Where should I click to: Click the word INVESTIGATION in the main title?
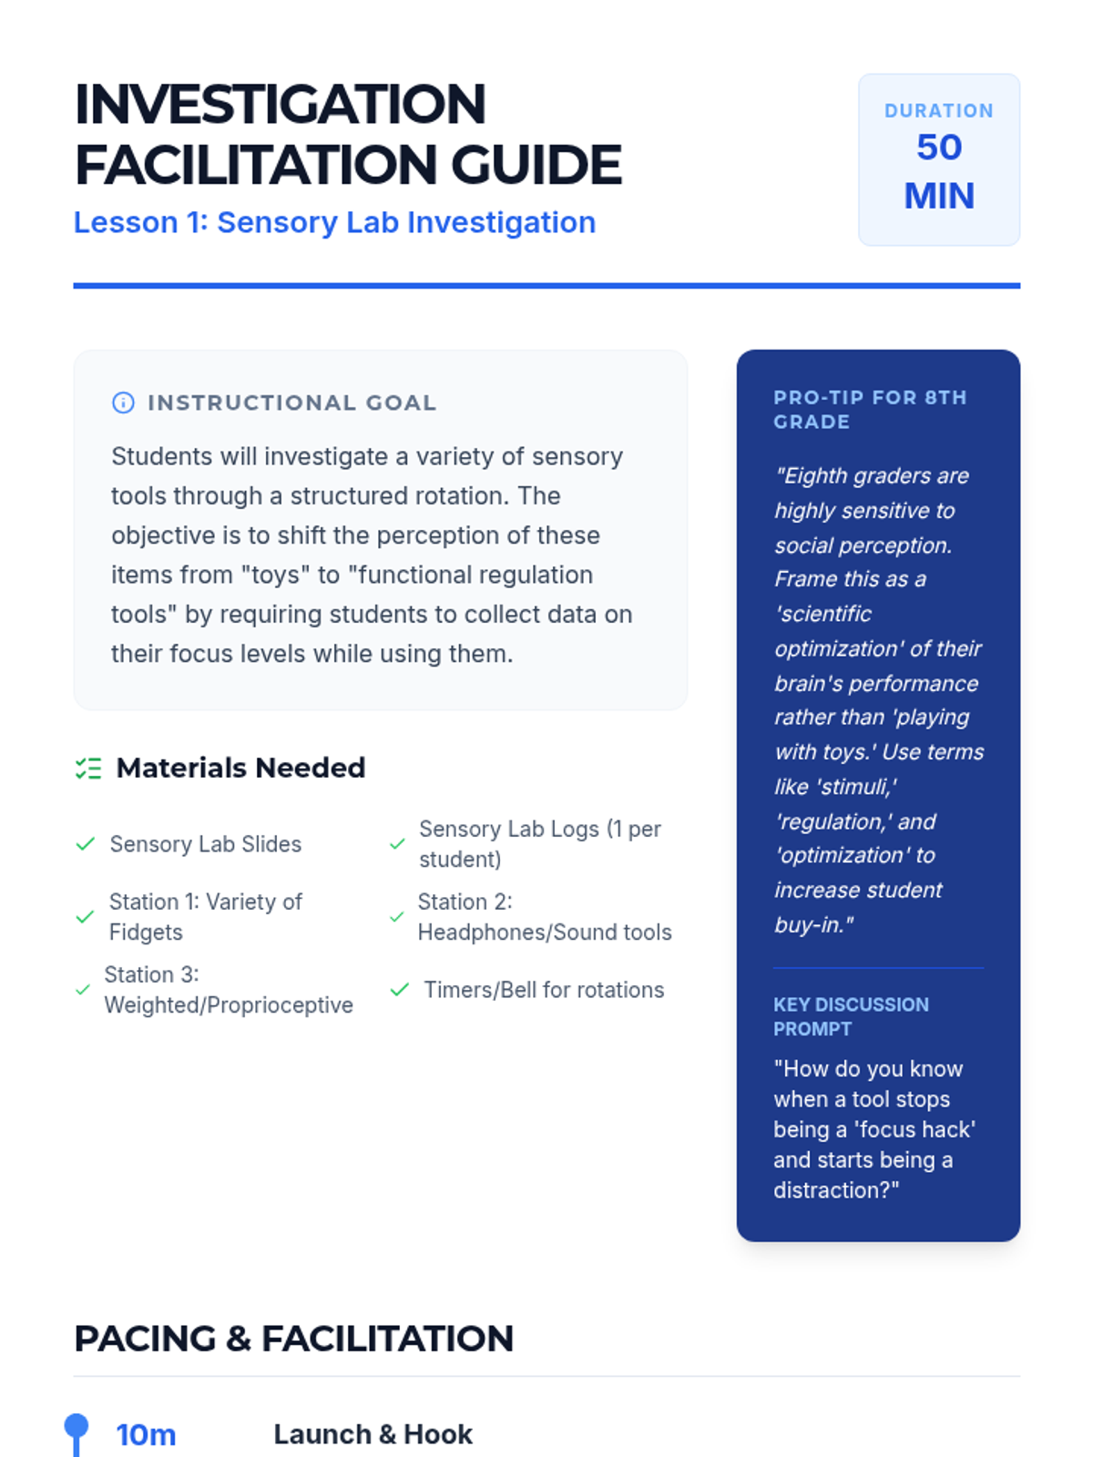(280, 104)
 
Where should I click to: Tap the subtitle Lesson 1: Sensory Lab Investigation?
(334, 222)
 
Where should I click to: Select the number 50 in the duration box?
(938, 148)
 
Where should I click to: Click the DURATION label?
(938, 111)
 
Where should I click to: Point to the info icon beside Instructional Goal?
(123, 402)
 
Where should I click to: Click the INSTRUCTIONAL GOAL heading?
(291, 402)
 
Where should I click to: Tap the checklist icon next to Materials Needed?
(88, 769)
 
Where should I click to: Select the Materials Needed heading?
(240, 769)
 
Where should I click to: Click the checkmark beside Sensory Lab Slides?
(86, 844)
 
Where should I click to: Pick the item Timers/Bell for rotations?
(544, 990)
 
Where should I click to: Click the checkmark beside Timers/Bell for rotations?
(399, 990)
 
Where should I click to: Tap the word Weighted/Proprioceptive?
(229, 1005)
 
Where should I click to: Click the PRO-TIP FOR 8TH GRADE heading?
(870, 409)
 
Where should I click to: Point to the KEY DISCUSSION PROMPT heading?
(851, 1016)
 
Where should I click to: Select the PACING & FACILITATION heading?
(293, 1339)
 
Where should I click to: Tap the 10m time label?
(146, 1434)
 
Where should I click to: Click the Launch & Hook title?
(373, 1434)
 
